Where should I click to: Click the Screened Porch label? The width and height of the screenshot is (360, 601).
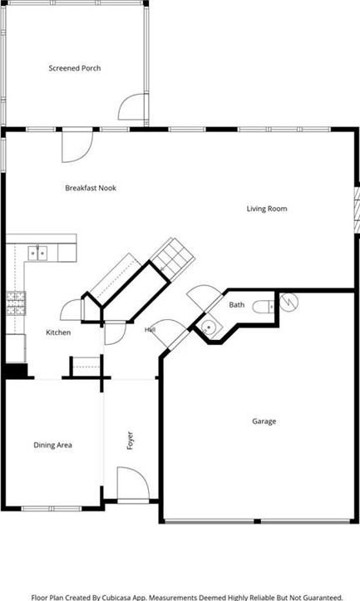(x=75, y=68)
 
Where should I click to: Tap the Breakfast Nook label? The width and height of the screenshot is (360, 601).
(x=91, y=188)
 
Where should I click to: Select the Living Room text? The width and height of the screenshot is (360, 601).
(x=267, y=209)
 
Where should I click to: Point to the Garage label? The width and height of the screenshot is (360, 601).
(x=264, y=421)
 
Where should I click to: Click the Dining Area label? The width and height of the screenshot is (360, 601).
(x=53, y=445)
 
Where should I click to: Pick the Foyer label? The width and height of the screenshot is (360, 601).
(x=130, y=441)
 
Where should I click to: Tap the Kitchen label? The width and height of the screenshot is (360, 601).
(x=58, y=333)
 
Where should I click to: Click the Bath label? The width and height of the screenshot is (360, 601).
(x=237, y=305)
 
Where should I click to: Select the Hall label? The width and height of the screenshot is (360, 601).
(x=150, y=330)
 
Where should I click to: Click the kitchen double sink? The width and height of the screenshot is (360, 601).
(x=37, y=253)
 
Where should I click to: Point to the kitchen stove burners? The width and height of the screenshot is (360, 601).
(x=16, y=303)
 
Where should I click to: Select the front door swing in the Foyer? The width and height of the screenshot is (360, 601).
(x=133, y=483)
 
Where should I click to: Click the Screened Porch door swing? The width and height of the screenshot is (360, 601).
(x=131, y=106)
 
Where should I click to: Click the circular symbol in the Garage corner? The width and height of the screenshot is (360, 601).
(x=288, y=302)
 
